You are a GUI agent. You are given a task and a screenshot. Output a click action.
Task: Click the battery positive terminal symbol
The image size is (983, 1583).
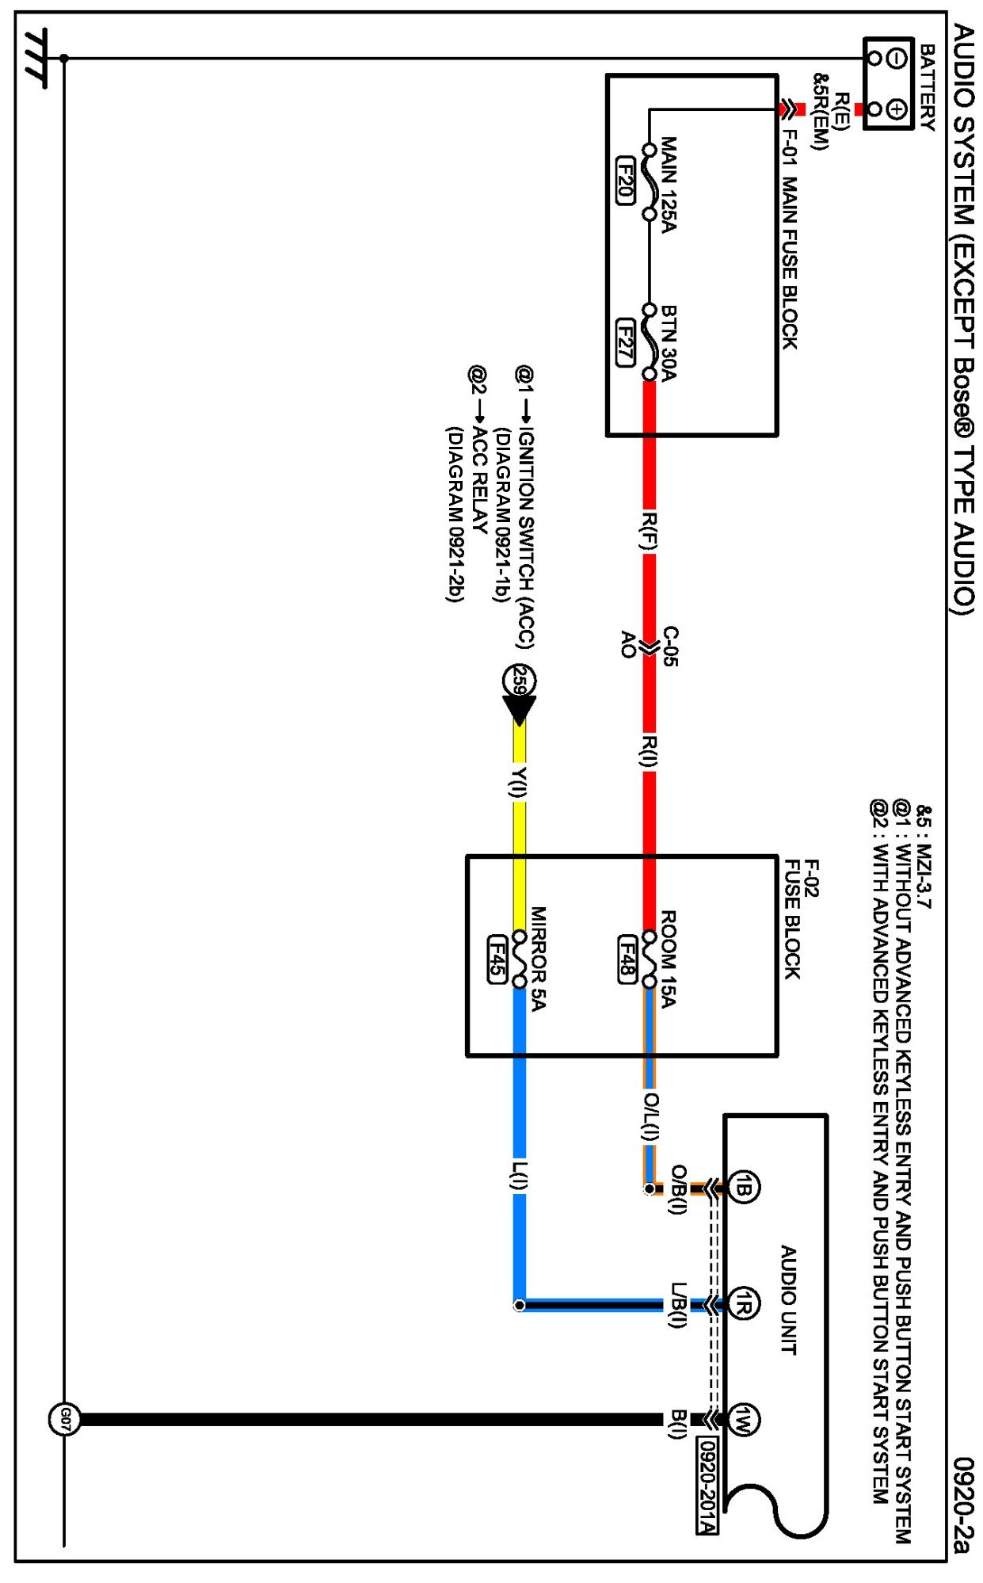click(x=896, y=109)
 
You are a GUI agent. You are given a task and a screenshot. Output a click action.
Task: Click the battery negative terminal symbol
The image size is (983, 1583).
click(x=896, y=58)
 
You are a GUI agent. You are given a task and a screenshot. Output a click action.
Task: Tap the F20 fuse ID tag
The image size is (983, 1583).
click(x=625, y=181)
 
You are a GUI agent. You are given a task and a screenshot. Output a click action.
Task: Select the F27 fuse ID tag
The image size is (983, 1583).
click(x=625, y=342)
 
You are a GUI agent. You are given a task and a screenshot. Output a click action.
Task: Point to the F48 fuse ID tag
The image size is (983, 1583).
click(x=627, y=959)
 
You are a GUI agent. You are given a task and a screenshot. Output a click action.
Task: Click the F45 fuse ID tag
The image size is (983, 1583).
click(x=497, y=959)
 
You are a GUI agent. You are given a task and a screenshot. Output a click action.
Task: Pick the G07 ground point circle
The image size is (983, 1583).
click(x=64, y=1420)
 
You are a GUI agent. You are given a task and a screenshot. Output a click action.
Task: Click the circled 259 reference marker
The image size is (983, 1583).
click(x=520, y=681)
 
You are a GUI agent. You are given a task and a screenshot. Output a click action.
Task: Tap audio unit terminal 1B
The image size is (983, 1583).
click(x=743, y=1188)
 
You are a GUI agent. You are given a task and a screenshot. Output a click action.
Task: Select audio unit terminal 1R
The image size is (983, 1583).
click(x=743, y=1304)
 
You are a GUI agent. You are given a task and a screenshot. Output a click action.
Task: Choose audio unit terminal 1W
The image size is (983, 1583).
click(x=743, y=1420)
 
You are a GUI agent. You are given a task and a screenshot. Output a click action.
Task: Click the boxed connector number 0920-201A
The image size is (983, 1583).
click(x=707, y=1486)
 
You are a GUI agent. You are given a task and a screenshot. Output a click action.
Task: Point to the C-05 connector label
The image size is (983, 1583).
click(x=670, y=646)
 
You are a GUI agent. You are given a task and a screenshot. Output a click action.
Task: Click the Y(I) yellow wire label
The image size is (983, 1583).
click(x=519, y=783)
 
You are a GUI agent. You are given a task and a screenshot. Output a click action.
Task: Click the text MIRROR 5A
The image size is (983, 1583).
click(x=539, y=959)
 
